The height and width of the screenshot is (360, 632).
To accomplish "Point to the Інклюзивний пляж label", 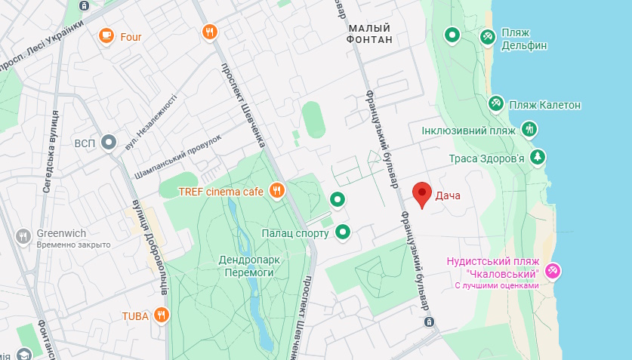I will (x=468, y=130).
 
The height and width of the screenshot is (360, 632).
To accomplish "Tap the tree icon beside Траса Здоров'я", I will (x=537, y=157).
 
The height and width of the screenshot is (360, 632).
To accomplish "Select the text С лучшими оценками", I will (x=496, y=286).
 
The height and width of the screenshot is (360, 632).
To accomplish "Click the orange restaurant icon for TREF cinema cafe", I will (x=276, y=192).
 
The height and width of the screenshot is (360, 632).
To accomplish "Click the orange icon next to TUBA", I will (x=161, y=315).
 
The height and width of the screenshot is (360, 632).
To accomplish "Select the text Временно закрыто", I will (x=74, y=245).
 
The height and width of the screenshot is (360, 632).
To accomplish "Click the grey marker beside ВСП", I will (x=109, y=142).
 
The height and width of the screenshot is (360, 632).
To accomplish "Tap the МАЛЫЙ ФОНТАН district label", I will (x=370, y=33).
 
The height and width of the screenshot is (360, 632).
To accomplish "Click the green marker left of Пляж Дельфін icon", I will (x=452, y=34).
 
